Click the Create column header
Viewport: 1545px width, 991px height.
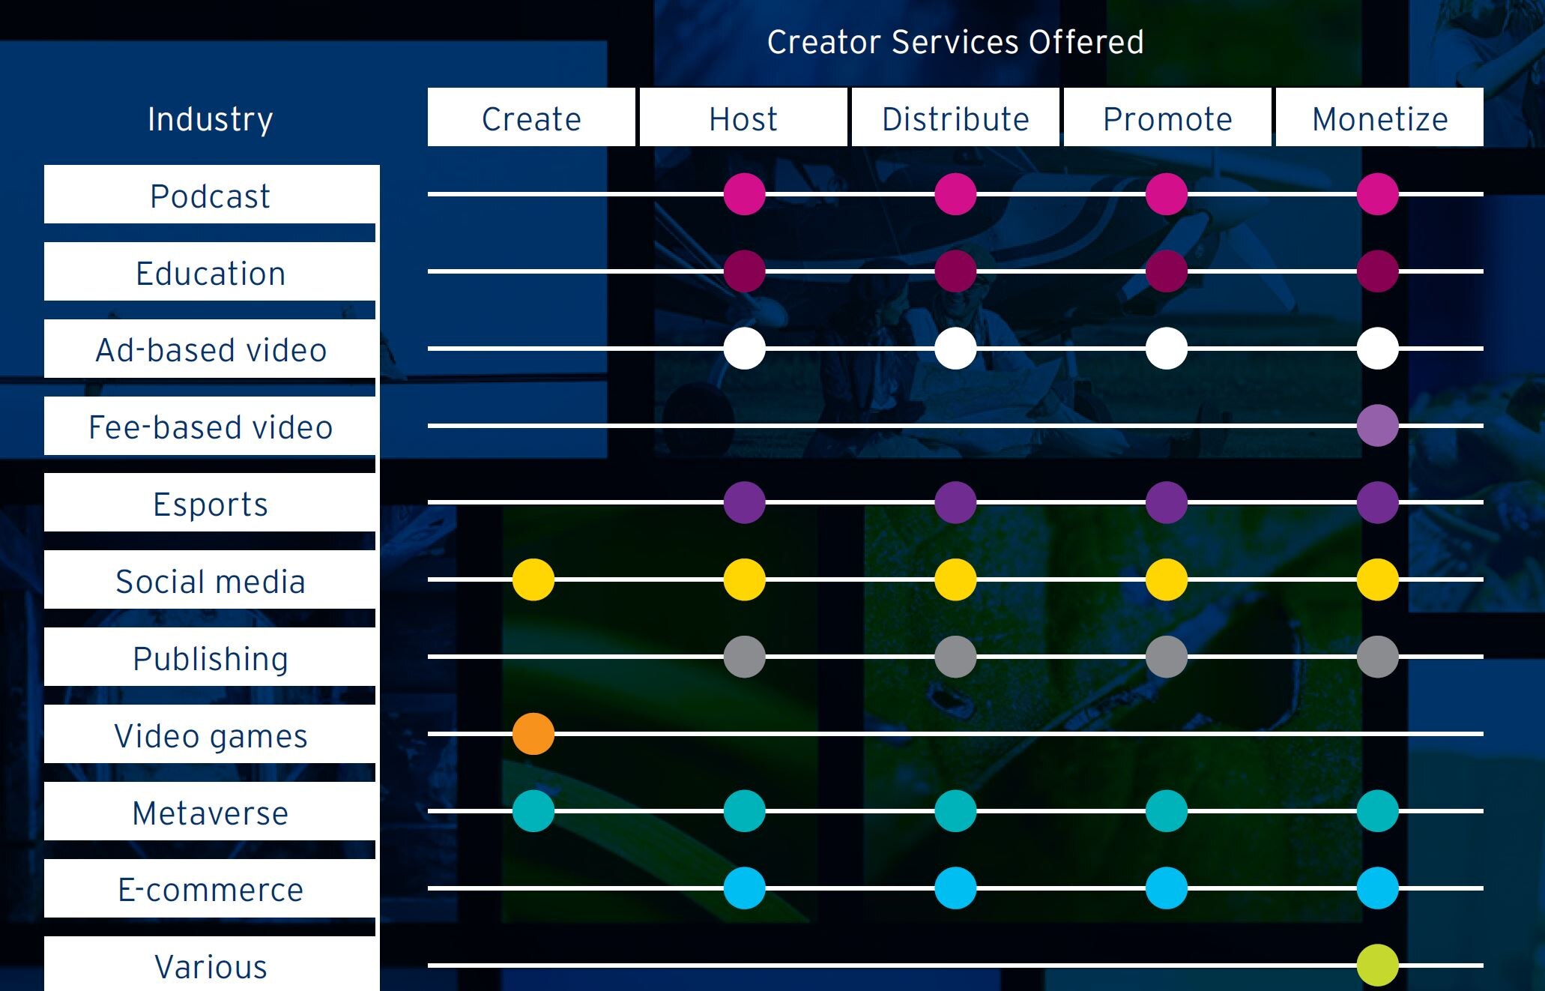point(531,118)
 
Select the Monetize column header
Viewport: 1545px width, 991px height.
point(1379,118)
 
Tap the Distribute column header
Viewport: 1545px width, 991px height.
point(955,118)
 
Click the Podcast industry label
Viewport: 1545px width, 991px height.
point(211,196)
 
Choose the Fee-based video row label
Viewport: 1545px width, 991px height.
point(211,427)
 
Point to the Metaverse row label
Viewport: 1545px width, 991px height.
point(211,813)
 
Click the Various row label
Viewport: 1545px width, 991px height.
point(211,966)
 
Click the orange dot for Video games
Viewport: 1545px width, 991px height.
point(533,733)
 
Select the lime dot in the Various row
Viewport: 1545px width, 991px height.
point(1377,965)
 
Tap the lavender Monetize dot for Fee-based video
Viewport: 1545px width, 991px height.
point(1377,425)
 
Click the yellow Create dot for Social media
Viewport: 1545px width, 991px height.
point(533,579)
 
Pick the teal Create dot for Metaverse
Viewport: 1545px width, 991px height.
point(533,810)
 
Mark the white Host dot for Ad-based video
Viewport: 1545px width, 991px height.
point(744,348)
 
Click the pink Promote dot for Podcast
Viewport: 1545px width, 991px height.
point(1166,193)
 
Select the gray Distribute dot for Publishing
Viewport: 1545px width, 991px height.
point(955,657)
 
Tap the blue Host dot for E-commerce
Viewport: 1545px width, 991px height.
point(744,888)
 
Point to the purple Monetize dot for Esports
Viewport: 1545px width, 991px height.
point(1377,501)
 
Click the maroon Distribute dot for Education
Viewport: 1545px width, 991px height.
point(955,271)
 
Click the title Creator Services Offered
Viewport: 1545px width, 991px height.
point(955,42)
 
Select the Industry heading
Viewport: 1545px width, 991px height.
point(211,118)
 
